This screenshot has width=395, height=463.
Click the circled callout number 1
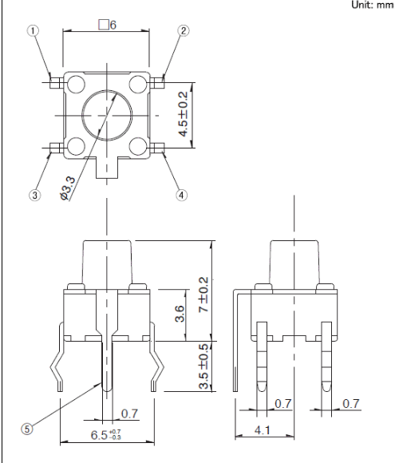pyautogui.click(x=33, y=30)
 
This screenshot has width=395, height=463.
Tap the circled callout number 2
pyautogui.click(x=184, y=30)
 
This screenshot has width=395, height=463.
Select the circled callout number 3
pyautogui.click(x=35, y=196)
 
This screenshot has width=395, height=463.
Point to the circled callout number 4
pyautogui.click(x=182, y=195)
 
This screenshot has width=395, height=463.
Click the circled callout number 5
pyautogui.click(x=27, y=429)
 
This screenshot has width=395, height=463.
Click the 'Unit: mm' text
pyautogui.click(x=373, y=5)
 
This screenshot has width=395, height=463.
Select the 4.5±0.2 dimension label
pyautogui.click(x=184, y=114)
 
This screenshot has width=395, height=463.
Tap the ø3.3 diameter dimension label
pyautogui.click(x=68, y=188)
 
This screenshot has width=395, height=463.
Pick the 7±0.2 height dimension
pyautogui.click(x=203, y=295)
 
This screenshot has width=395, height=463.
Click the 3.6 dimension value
pyautogui.click(x=180, y=313)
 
